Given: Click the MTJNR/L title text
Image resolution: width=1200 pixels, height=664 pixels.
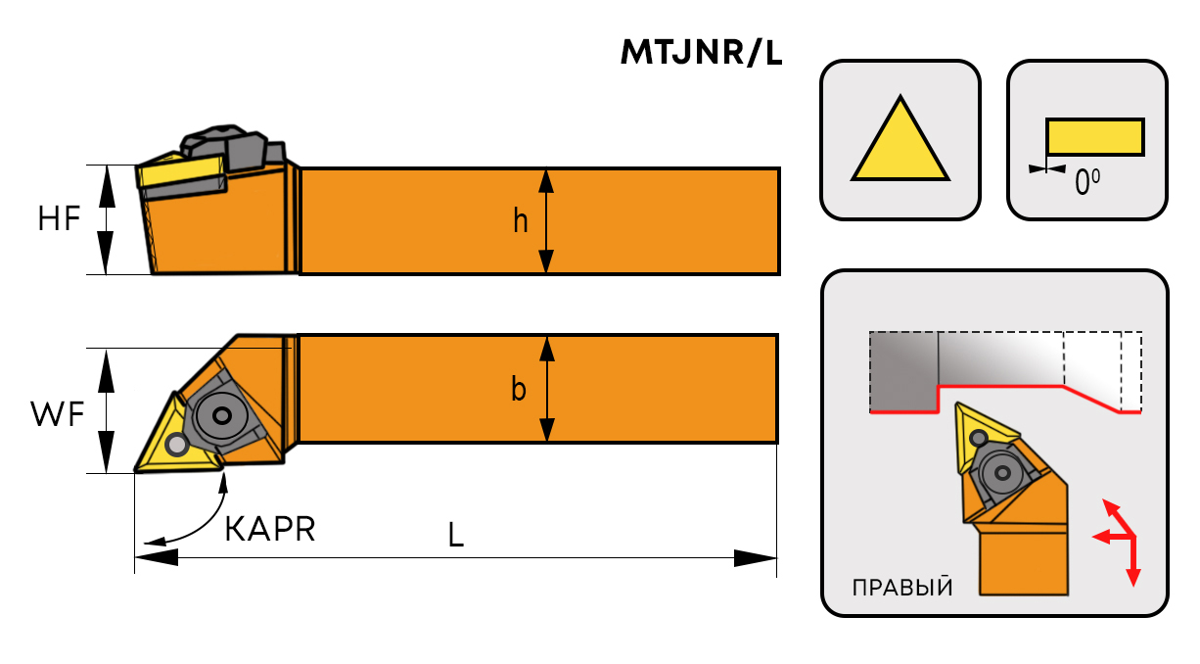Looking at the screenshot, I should [702, 53].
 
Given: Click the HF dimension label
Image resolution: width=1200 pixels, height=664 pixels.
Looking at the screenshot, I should [60, 219].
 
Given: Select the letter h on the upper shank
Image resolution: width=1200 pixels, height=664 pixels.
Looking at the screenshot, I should [521, 222].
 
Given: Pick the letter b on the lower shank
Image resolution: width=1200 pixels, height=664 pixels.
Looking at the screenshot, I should [520, 390].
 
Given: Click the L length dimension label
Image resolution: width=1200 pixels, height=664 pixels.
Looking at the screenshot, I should [455, 535].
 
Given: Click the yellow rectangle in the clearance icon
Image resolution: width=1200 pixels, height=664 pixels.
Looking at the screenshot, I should [1094, 136].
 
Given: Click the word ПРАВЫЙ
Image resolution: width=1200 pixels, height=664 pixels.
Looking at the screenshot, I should [902, 588].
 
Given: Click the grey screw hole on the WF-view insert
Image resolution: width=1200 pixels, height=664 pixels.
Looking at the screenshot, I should [177, 446].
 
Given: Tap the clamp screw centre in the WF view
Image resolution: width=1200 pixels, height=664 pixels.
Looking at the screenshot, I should [223, 416].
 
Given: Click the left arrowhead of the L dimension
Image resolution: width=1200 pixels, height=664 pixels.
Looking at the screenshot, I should [155, 557].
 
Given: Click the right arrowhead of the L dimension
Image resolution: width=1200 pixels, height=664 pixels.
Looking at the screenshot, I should [756, 557].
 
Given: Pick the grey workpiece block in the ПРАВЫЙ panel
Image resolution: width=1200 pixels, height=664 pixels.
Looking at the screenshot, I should [902, 370].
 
